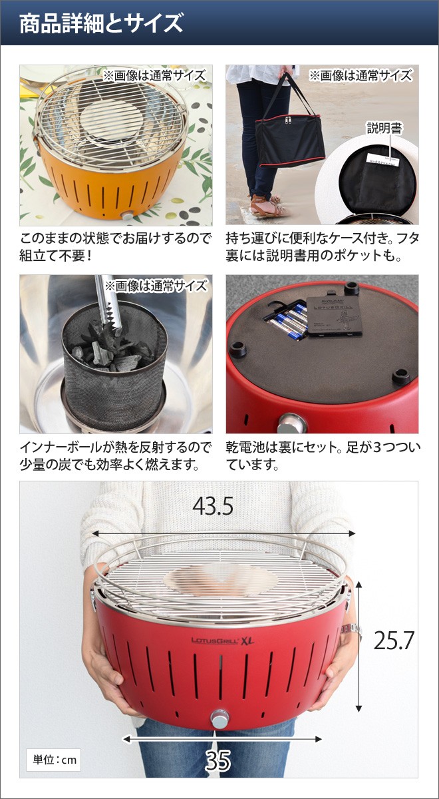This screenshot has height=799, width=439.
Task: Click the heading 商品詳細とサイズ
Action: click(100, 24)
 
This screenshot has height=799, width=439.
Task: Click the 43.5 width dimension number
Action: click(212, 507)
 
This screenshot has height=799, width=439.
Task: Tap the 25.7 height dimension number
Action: click(393, 640)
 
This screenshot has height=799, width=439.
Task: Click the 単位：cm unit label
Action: click(54, 760)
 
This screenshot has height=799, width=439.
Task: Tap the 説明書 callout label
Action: click(384, 129)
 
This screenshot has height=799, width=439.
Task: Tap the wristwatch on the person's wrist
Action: click(351, 630)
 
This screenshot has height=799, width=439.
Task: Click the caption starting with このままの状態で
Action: click(116, 246)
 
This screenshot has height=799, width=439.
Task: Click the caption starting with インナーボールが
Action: click(116, 455)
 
